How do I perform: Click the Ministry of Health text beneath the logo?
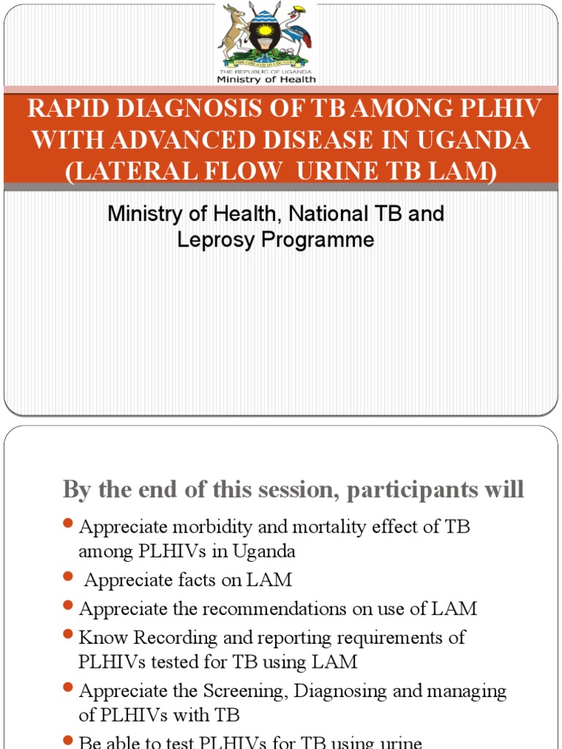click(x=266, y=79)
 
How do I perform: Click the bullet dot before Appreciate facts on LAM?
click(x=69, y=578)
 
